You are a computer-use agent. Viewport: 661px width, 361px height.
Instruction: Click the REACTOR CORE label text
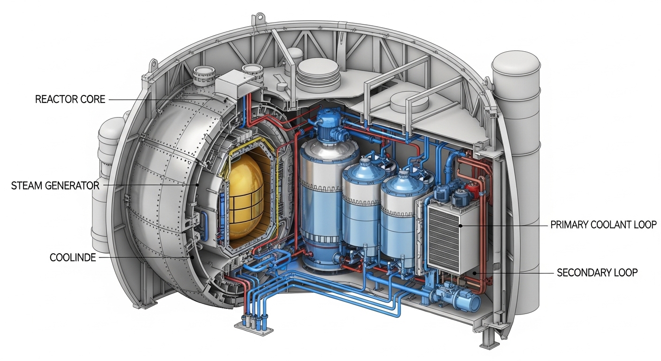(x=70, y=99)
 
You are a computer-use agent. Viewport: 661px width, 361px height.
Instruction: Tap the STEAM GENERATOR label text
(x=55, y=186)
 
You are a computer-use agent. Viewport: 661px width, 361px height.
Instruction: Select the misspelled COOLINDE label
(x=73, y=258)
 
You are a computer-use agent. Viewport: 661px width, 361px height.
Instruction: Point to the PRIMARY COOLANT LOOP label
(x=603, y=225)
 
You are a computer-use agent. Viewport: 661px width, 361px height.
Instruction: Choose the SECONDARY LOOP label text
(x=597, y=272)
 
